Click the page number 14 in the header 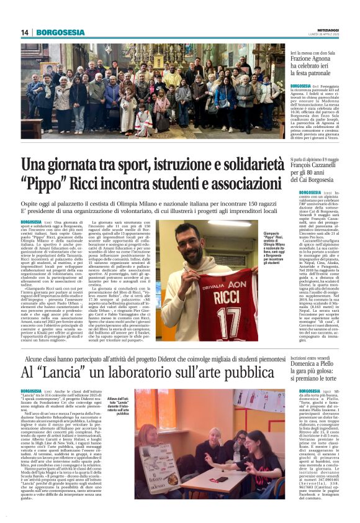point(25,32)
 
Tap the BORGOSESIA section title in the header point(60,32)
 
